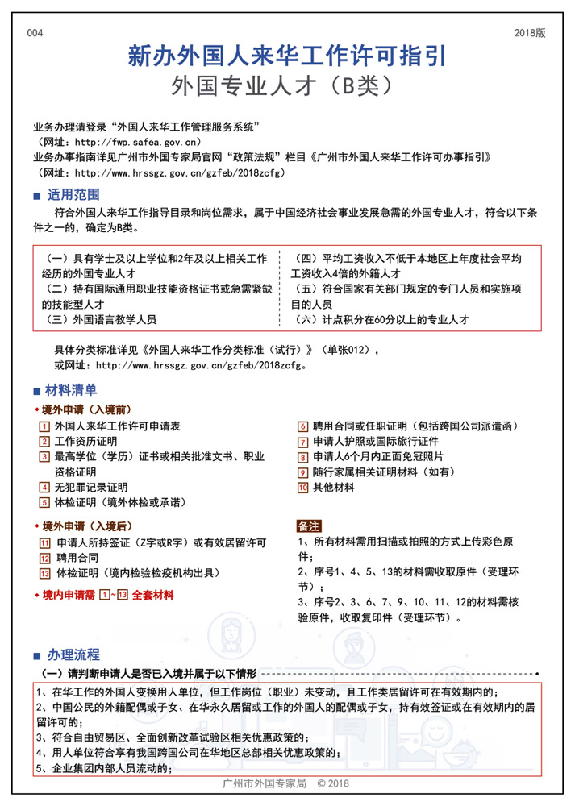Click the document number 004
35,33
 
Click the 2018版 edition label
530,33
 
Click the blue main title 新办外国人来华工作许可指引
287,56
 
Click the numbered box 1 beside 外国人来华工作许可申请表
44,426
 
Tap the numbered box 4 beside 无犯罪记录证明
44,488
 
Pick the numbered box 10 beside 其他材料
303,488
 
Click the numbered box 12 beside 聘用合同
44,558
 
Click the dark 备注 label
310,526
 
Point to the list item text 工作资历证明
85,442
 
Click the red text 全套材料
152,595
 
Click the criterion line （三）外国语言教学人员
102,320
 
